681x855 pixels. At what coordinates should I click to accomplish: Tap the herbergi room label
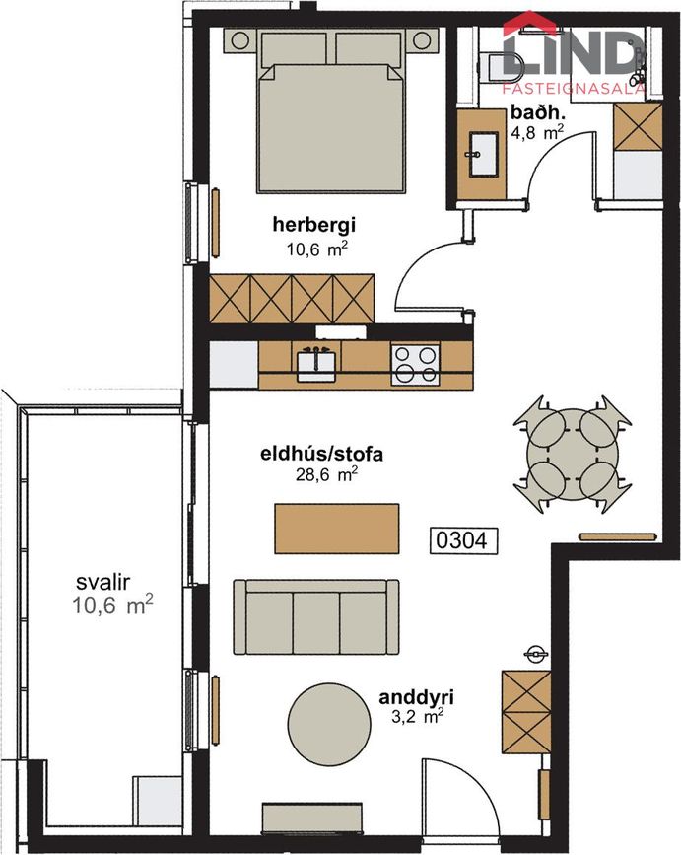[314, 226]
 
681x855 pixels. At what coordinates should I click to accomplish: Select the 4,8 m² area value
[536, 133]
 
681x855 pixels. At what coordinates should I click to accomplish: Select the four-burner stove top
[415, 364]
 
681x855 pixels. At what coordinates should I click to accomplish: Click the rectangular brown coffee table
[337, 529]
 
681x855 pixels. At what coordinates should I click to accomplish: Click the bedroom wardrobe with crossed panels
[293, 297]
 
